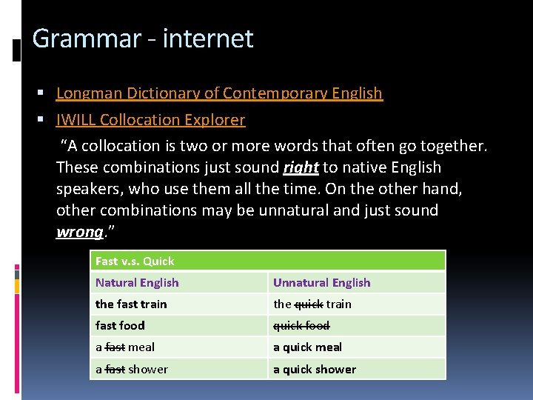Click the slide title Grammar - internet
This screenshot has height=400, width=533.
[x=143, y=39]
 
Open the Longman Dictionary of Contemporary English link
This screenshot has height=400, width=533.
[x=219, y=93]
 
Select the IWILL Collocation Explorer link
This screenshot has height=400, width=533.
[x=150, y=119]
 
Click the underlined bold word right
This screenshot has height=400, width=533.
[x=301, y=167]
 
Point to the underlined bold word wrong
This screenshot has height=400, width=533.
[x=79, y=232]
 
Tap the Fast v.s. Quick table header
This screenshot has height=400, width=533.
[x=135, y=261]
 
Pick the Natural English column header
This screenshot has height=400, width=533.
[x=137, y=282]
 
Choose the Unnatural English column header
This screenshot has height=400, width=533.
[x=321, y=282]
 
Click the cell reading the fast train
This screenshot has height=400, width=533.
[x=131, y=304]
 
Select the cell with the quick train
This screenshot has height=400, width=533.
[x=312, y=304]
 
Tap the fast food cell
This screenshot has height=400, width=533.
[x=120, y=325]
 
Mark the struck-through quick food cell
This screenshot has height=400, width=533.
[x=301, y=325]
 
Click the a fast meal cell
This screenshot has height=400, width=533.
[x=125, y=347]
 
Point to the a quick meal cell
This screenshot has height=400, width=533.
[x=307, y=347]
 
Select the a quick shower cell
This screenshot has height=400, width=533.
[x=314, y=369]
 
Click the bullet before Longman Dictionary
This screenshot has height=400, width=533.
[x=45, y=94]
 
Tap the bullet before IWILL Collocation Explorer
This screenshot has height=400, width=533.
[x=45, y=120]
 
